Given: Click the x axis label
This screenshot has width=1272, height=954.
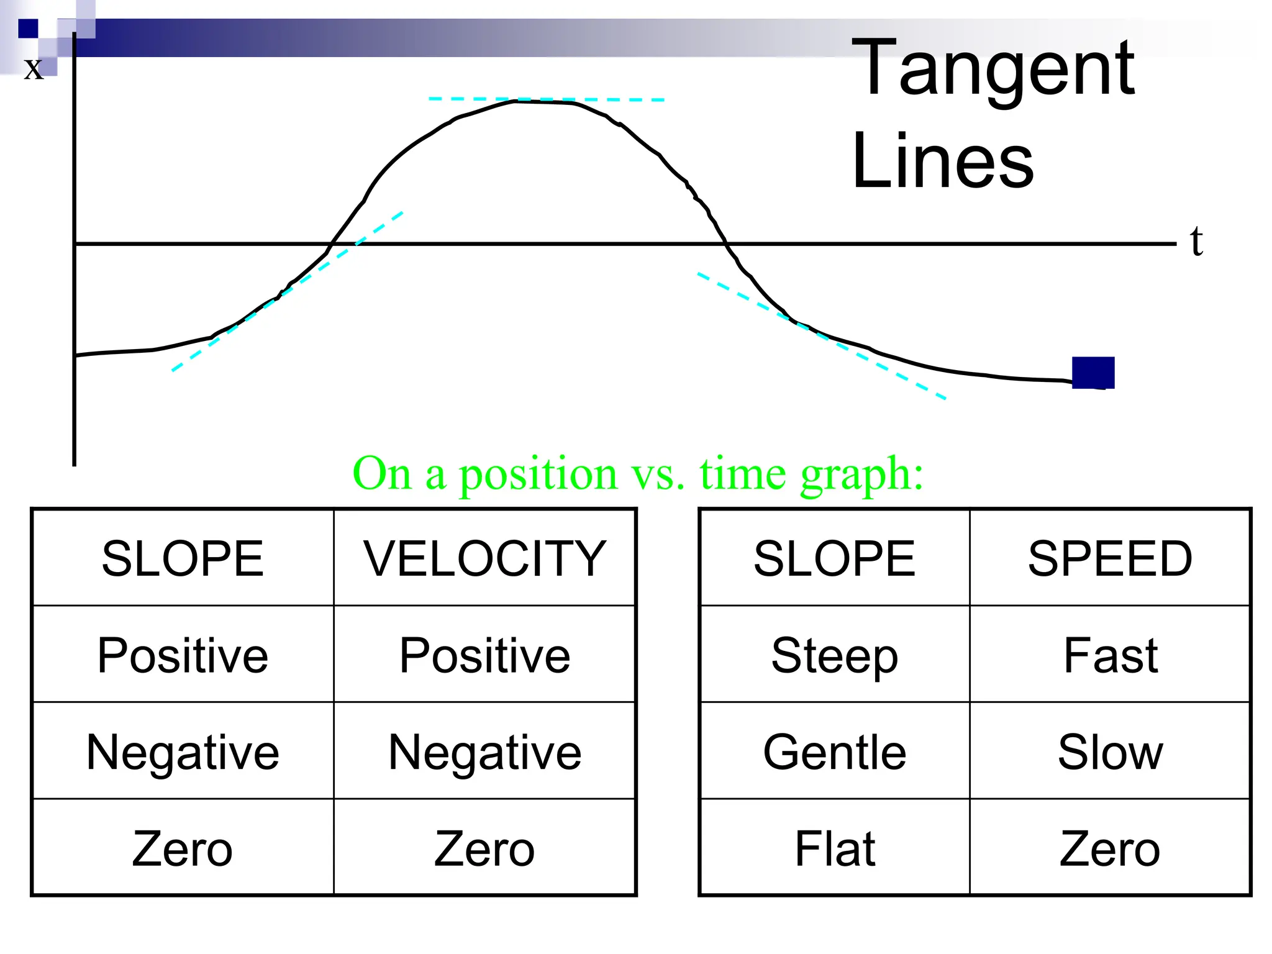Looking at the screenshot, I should click(34, 68).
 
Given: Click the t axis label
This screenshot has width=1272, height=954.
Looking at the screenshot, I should click(1196, 241).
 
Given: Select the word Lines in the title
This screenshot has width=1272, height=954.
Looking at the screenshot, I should click(943, 161).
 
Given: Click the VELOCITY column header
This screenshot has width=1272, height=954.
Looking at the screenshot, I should click(484, 558).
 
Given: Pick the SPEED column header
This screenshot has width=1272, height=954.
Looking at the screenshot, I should click(1110, 558).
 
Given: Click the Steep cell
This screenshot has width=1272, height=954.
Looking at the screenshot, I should click(834, 655).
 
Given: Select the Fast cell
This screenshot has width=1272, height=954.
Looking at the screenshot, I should click(1110, 655).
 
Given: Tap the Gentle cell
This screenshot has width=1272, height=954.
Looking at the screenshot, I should click(834, 752).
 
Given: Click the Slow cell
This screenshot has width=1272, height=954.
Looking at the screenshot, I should click(1110, 752).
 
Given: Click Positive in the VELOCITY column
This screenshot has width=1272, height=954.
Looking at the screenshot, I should click(484, 655).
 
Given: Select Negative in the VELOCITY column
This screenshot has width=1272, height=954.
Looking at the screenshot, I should click(484, 752).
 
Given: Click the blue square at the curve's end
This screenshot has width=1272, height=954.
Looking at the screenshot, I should click(1093, 373).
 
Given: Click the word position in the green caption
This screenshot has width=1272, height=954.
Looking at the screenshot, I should click(538, 475).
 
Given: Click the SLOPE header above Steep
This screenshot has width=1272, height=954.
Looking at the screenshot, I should click(834, 558).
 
